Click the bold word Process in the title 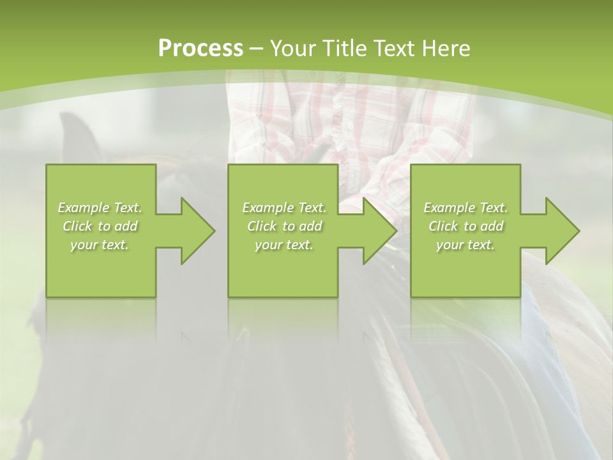(201, 49)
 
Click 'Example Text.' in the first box (100, 208)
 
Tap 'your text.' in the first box (100, 245)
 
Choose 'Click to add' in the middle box (284, 226)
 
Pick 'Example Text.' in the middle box (284, 208)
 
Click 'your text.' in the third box (465, 245)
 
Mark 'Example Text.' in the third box (465, 208)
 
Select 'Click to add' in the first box (100, 226)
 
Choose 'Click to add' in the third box (465, 226)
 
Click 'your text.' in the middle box (284, 245)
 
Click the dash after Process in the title (257, 49)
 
